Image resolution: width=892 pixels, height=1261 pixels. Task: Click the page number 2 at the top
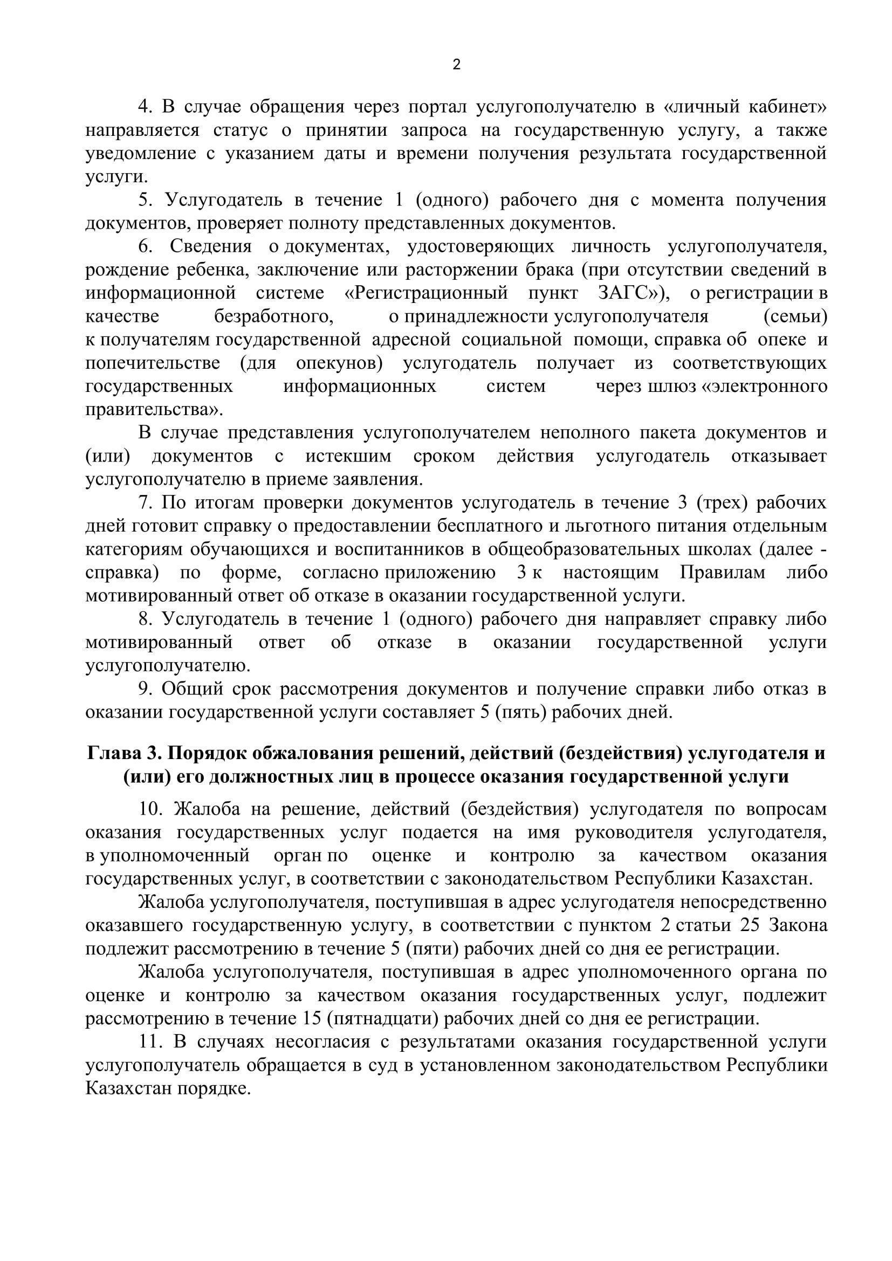(x=456, y=65)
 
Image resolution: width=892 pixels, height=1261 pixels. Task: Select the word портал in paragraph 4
(x=436, y=107)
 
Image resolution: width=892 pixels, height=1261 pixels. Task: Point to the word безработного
(x=274, y=316)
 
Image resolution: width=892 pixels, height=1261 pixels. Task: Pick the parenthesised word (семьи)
(x=795, y=316)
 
